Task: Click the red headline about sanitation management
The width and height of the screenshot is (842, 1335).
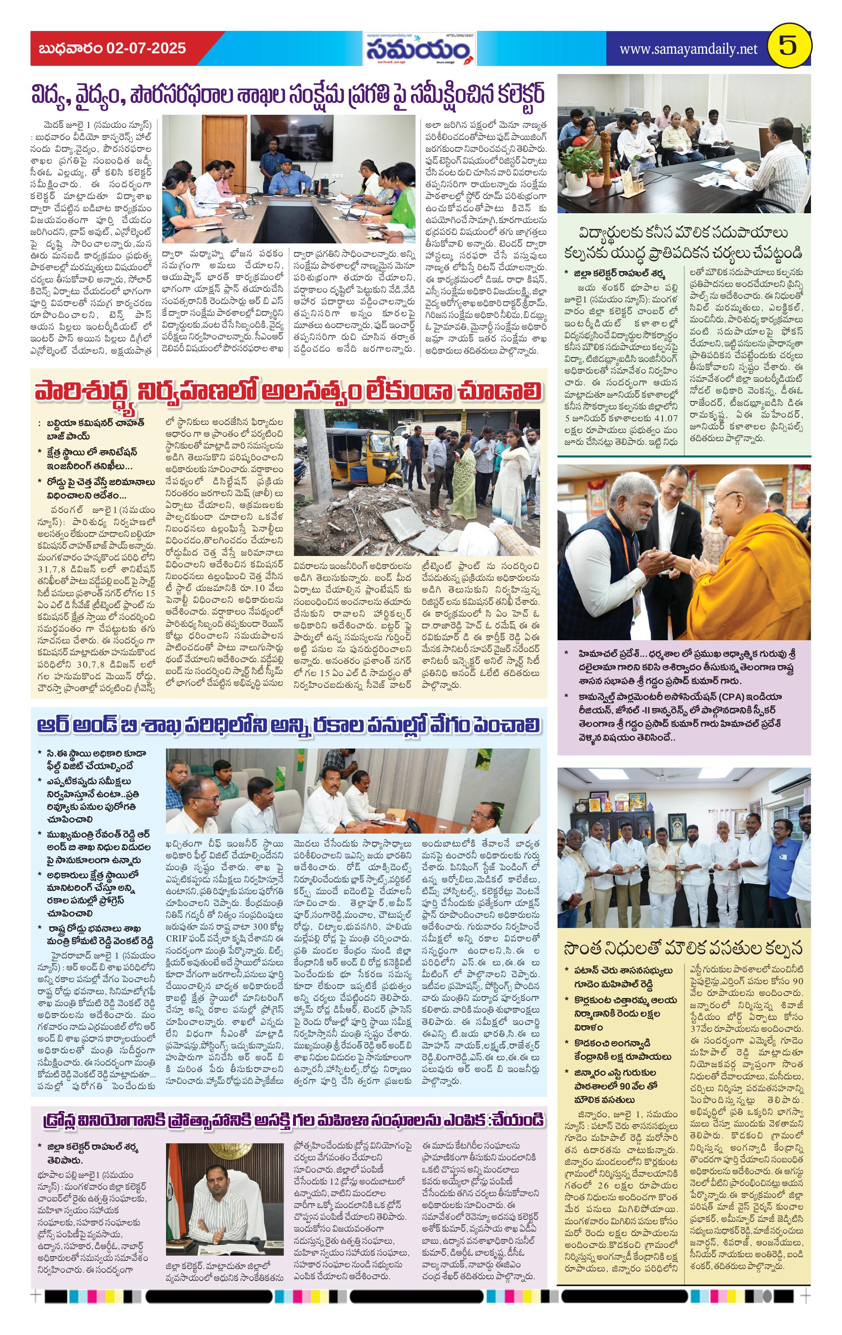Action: tap(288, 390)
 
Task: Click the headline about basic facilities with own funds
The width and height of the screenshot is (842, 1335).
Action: tap(683, 948)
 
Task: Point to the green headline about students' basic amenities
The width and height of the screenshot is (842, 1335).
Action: tap(683, 242)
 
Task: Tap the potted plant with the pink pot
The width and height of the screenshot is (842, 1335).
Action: tap(596, 172)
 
